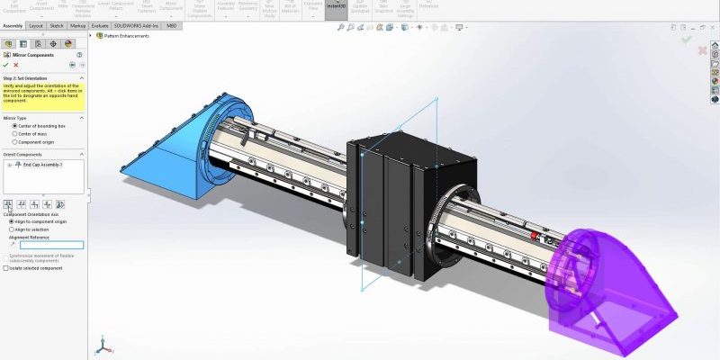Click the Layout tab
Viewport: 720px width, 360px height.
coord(36,26)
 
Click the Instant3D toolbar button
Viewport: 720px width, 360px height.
coord(336,7)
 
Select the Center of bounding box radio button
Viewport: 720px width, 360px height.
coord(14,126)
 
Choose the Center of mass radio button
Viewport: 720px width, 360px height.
coord(14,134)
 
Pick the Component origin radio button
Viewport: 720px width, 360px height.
coord(14,142)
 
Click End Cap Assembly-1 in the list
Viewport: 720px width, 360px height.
coord(41,165)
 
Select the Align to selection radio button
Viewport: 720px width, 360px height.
coord(12,229)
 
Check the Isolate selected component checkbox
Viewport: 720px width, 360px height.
coord(7,268)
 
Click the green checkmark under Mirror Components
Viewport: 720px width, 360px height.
coord(5,65)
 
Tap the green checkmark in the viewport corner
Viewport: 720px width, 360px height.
coord(687,40)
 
